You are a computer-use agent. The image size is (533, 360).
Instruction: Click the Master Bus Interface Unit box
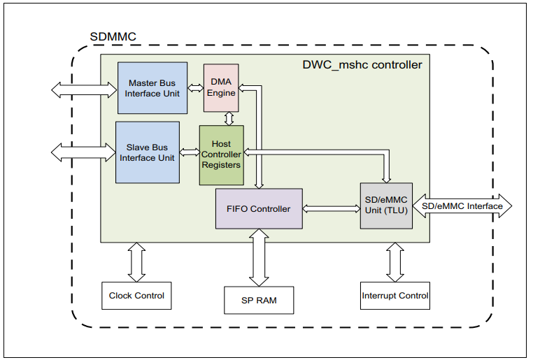click(152, 88)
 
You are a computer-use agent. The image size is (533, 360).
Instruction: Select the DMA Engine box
click(221, 87)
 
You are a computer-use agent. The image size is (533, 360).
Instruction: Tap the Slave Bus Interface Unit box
click(147, 152)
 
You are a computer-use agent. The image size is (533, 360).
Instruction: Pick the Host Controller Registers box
click(221, 154)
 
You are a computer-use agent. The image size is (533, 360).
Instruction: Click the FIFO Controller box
click(259, 208)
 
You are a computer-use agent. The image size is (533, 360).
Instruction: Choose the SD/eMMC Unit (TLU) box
click(386, 206)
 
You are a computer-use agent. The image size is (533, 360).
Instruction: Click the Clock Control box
click(136, 296)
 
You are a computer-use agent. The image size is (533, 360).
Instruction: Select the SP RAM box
click(259, 300)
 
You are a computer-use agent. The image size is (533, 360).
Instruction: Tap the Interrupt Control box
click(395, 296)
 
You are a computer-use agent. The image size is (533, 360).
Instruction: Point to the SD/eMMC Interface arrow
click(462, 206)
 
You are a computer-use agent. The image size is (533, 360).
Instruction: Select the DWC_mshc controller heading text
click(362, 65)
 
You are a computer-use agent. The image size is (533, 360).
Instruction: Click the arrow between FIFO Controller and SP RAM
click(259, 257)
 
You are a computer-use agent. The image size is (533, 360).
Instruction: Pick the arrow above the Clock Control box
click(136, 262)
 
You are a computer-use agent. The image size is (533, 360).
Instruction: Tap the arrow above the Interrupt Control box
click(395, 262)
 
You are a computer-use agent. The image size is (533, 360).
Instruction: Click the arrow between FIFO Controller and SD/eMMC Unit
click(331, 208)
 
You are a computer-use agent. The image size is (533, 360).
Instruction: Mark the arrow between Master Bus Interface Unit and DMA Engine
click(195, 92)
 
